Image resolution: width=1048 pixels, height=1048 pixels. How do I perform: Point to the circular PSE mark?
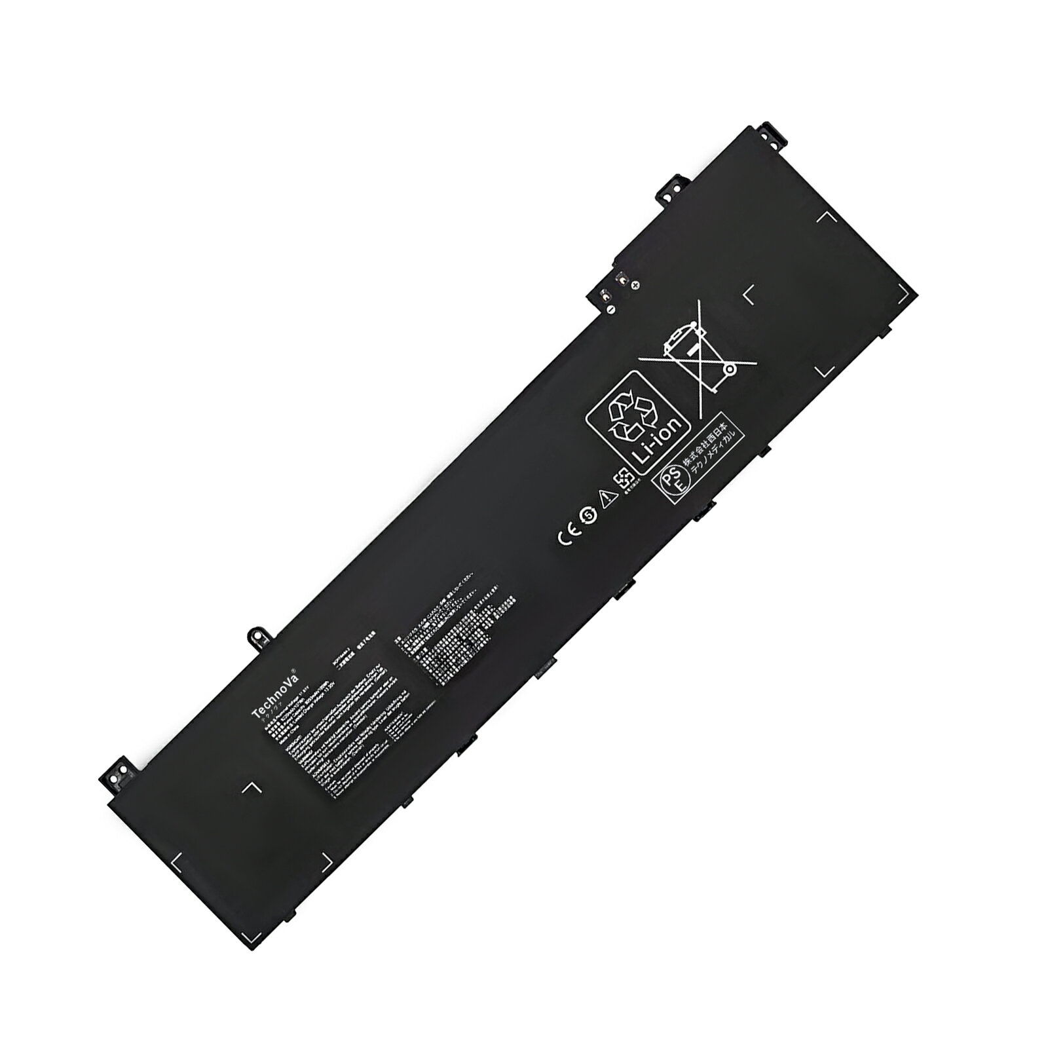668,482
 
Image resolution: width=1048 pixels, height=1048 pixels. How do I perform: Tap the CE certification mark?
566,534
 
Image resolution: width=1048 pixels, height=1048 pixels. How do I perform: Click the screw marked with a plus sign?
634,284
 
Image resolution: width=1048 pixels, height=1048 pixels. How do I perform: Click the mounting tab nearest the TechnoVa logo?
258,635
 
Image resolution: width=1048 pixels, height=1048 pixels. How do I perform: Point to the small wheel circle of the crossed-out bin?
729,370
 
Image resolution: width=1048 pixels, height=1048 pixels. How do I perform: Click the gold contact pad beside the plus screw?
619,278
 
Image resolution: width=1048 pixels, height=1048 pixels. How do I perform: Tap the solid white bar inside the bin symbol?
679,341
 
